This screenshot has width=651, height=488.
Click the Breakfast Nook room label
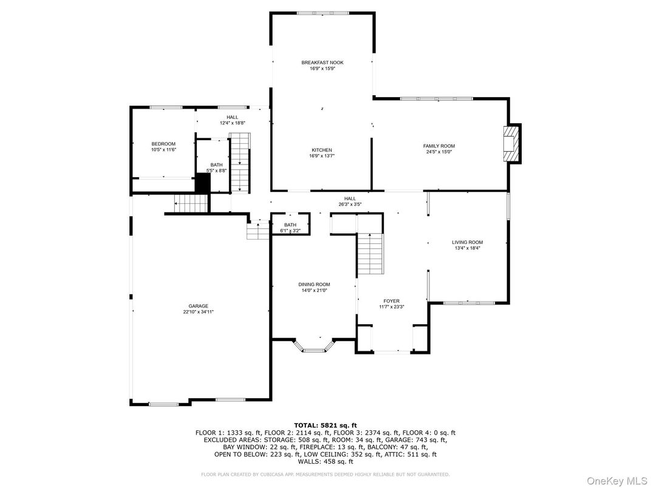(322, 63)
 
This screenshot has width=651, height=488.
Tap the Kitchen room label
(321, 150)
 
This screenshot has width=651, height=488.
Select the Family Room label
(438, 146)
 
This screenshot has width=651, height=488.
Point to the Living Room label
(467, 242)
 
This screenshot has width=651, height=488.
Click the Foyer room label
(391, 300)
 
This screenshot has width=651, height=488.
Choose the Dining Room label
(314, 284)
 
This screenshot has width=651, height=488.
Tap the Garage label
(198, 306)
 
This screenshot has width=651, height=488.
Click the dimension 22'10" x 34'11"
(198, 312)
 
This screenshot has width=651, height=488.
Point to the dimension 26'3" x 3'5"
(350, 205)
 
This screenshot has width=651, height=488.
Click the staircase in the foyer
(370, 253)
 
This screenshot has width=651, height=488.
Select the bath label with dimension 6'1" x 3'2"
(290, 225)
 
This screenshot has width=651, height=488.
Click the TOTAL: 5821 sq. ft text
(325, 425)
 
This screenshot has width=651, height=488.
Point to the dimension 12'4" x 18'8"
(233, 123)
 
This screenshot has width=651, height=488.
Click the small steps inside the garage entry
(258, 230)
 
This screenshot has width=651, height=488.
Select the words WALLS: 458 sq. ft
(325, 461)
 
